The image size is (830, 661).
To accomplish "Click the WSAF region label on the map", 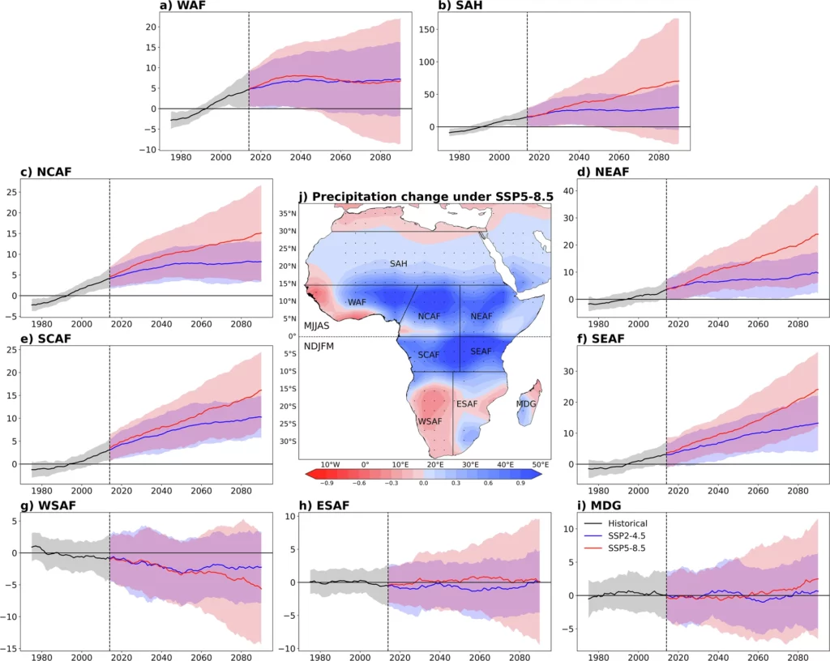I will pyautogui.click(x=430, y=421).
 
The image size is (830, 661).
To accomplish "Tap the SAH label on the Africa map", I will pyautogui.click(x=398, y=264).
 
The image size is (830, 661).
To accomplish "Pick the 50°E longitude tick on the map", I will pyautogui.click(x=540, y=464).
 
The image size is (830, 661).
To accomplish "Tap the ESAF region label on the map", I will pyautogui.click(x=468, y=403).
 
